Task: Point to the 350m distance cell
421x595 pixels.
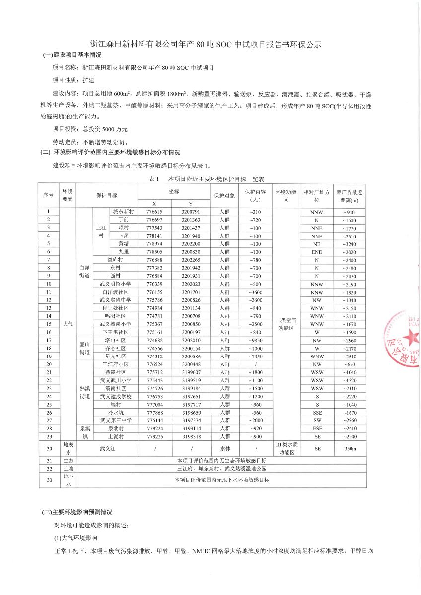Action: [x=350, y=449]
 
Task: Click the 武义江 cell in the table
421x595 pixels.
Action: [x=108, y=449]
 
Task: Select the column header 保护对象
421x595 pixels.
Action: [x=224, y=195]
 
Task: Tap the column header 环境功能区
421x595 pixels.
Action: [x=285, y=195]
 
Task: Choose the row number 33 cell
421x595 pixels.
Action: [x=49, y=480]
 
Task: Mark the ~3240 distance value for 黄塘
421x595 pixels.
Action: [x=350, y=244]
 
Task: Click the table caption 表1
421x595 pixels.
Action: [x=153, y=178]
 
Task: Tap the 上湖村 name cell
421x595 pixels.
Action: [x=116, y=437]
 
